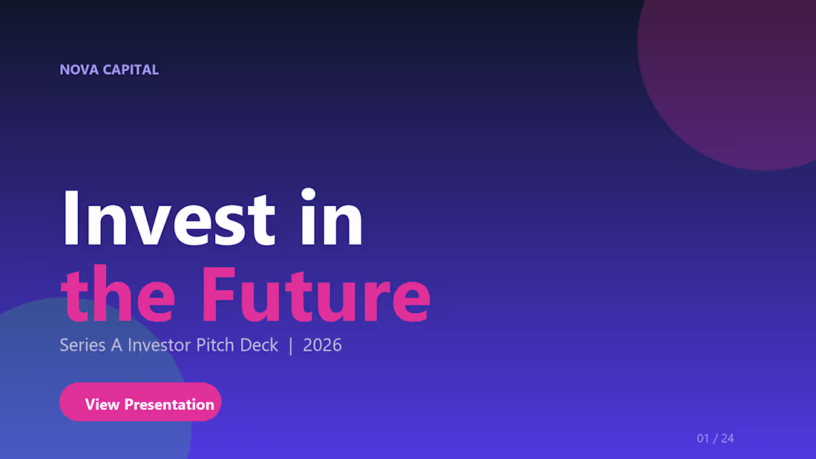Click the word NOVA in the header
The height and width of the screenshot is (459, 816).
tap(78, 70)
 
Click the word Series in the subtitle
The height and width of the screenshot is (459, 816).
tap(82, 345)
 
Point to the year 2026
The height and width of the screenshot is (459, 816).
tap(323, 345)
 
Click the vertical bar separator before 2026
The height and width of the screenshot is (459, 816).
tap(291, 345)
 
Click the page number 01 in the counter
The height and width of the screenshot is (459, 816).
tap(703, 438)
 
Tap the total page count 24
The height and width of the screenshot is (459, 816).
tap(727, 438)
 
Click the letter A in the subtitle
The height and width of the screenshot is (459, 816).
tap(116, 345)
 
